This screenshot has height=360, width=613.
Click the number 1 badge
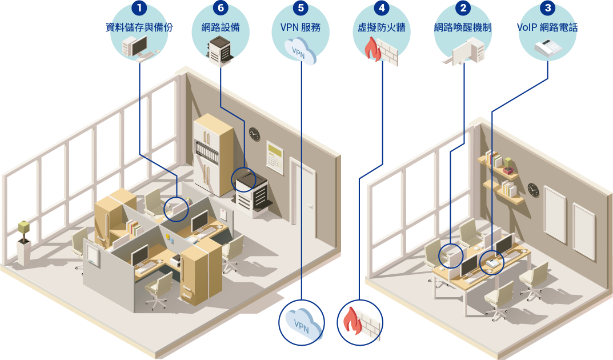(139, 9)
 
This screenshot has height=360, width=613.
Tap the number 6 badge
(221, 9)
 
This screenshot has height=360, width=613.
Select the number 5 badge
(301, 9)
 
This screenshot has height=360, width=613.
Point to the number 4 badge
(380, 9)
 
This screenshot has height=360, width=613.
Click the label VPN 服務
(301, 27)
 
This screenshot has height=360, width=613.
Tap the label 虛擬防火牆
(380, 27)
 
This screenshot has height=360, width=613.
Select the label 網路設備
(221, 27)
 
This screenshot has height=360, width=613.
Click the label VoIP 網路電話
(547, 27)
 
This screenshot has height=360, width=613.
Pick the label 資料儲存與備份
(139, 27)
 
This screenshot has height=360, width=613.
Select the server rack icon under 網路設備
(221, 49)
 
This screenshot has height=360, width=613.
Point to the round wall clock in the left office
(254, 134)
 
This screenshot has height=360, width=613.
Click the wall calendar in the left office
(275, 156)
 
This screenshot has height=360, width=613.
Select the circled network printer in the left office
(251, 191)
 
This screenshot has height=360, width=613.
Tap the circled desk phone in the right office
(491, 262)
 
